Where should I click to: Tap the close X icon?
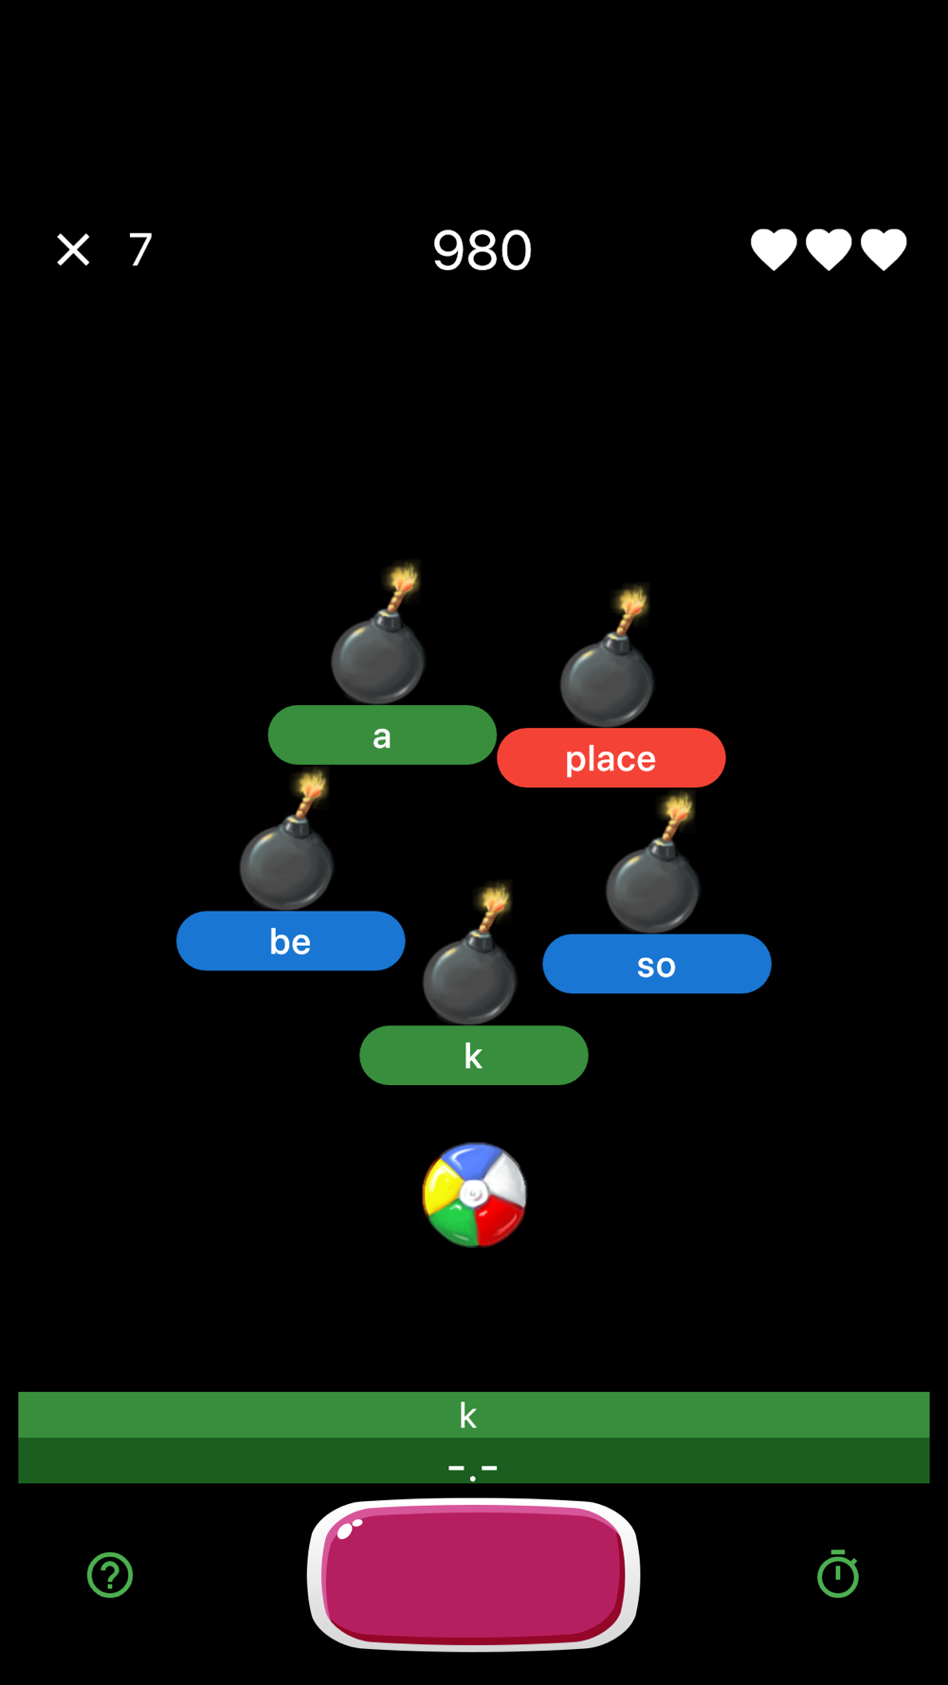tap(73, 250)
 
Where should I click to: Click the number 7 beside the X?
tap(140, 250)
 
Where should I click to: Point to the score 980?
tap(482, 251)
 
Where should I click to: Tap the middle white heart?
tap(829, 249)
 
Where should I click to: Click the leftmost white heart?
tap(774, 249)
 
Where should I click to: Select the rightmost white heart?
tap(884, 249)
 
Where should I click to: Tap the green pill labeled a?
tap(382, 735)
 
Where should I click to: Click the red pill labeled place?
tap(611, 758)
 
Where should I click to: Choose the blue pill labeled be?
tap(290, 941)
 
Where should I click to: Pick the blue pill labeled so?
tap(656, 965)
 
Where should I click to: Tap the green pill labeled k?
tap(473, 1056)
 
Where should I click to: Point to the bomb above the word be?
tap(286, 859)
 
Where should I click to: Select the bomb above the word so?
tap(653, 881)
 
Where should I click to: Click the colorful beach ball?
tap(474, 1194)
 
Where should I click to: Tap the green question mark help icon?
tap(110, 1575)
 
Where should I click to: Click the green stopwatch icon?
tap(838, 1575)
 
